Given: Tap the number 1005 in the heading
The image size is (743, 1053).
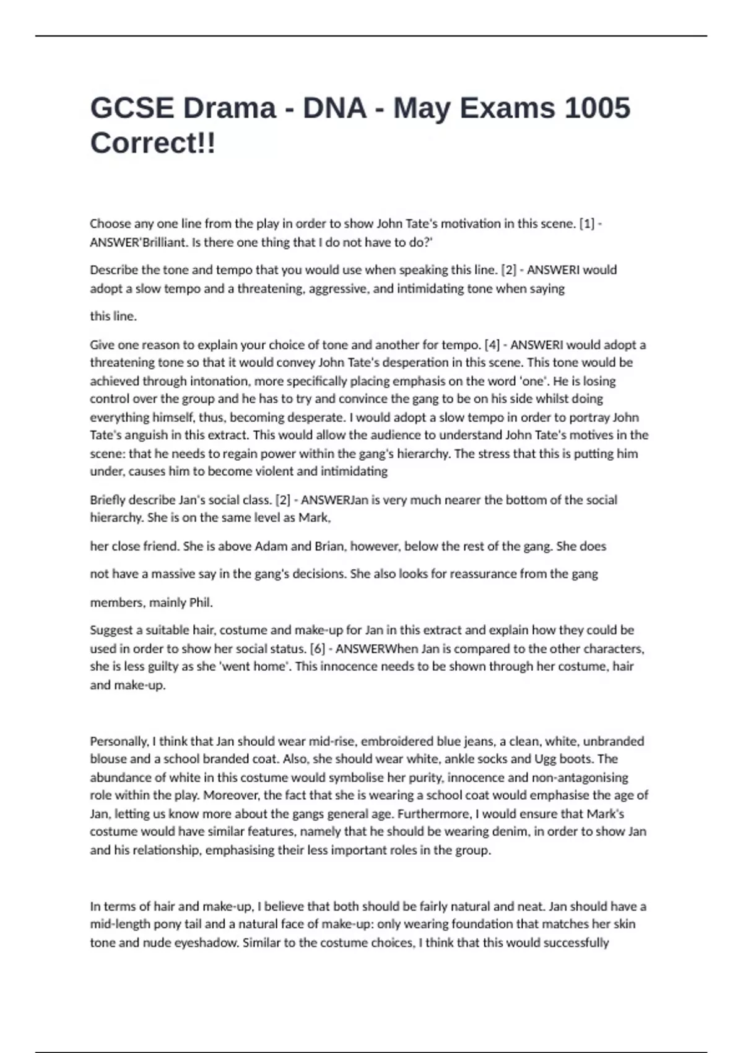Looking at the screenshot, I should click(597, 108).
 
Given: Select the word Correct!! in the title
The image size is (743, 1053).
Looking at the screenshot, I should click(153, 143).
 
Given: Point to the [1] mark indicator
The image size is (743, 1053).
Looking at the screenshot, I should click(586, 224).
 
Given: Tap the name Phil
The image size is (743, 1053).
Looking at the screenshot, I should click(199, 602).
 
